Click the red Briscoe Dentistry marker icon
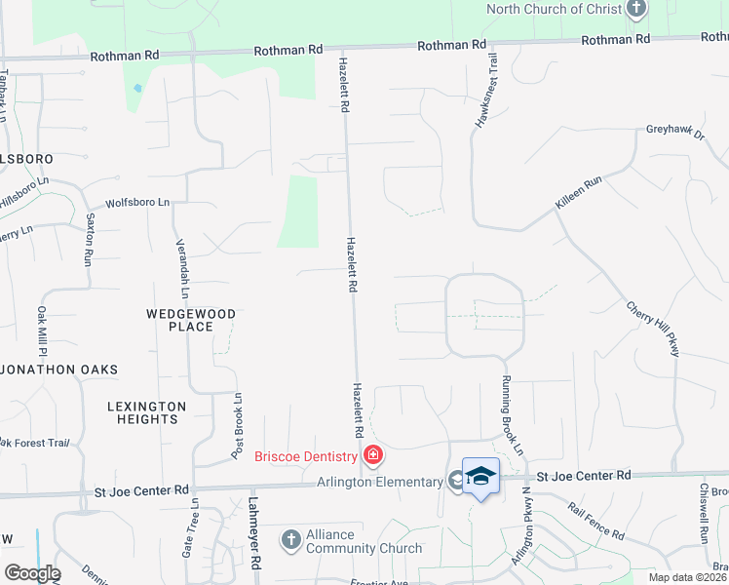pyautogui.click(x=372, y=455)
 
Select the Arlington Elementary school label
pyautogui.click(x=380, y=482)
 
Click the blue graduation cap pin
pyautogui.click(x=480, y=476)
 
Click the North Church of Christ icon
pyautogui.click(x=636, y=10)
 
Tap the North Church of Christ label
pyautogui.click(x=554, y=9)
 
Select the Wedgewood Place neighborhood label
pyautogui.click(x=191, y=320)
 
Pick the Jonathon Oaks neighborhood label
pyautogui.click(x=60, y=370)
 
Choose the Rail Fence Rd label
pyautogui.click(x=595, y=522)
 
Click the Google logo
pyautogui.click(x=31, y=573)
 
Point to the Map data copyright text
pyautogui.click(x=687, y=577)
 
